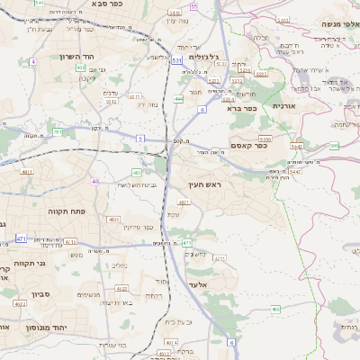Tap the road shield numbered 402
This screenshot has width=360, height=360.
coord(81,67)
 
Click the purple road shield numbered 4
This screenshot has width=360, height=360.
coord(32,61)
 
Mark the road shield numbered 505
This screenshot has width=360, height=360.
coord(334,146)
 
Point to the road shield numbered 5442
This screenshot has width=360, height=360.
coord(296,145)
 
